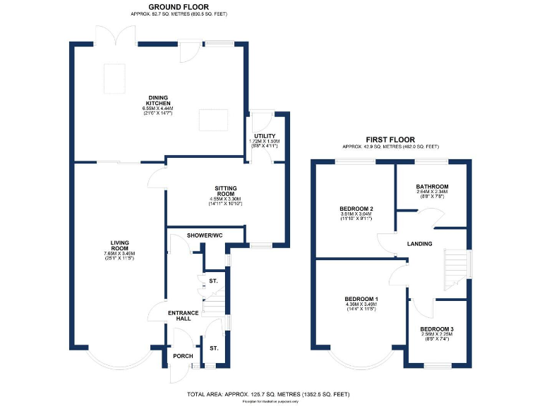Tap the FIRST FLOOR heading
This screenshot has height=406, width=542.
coord(390,140)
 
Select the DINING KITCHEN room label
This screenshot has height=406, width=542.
coord(159,101)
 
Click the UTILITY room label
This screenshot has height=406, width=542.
coord(265,136)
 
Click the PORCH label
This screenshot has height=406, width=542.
coord(183,356)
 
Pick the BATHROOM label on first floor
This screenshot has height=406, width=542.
coord(433,187)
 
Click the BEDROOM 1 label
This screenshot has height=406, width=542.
coord(360,299)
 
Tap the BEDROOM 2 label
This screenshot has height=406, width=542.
coord(356,209)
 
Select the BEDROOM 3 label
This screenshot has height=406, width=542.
coord(437,329)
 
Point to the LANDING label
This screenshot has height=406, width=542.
coord(419,245)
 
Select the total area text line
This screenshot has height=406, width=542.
coord(267,394)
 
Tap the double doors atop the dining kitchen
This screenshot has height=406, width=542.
coord(117,35)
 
